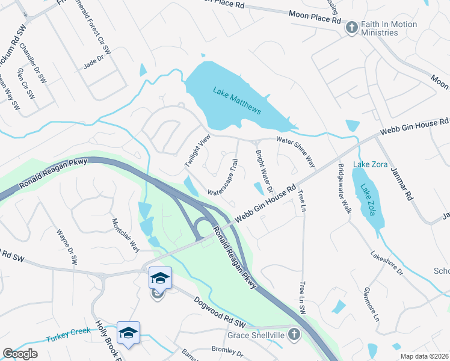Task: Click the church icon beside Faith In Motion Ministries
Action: [x=351, y=28]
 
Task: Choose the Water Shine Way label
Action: [x=295, y=151]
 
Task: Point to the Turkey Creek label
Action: [x=68, y=335]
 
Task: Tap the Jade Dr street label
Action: [x=94, y=63]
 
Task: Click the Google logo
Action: [x=20, y=354]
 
